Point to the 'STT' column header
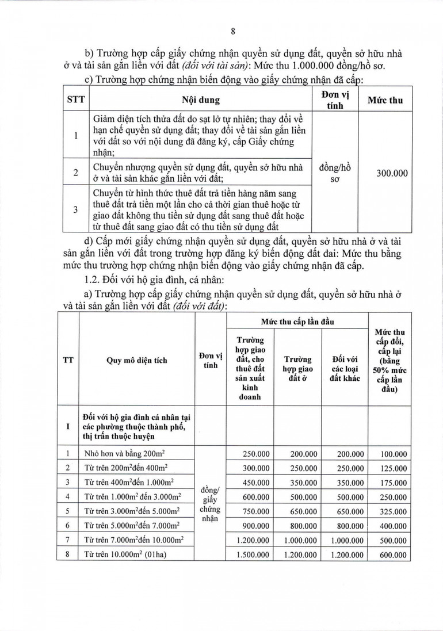coord(76,100)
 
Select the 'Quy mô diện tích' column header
coord(136,361)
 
